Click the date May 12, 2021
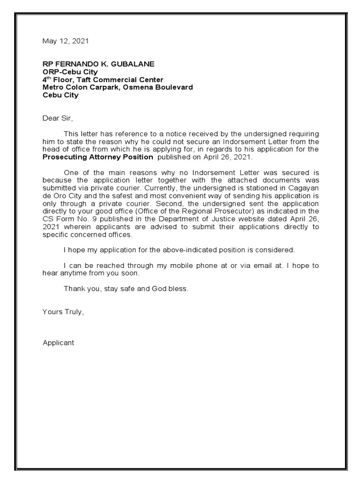click(65, 41)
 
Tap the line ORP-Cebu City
click(70, 72)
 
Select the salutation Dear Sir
click(58, 118)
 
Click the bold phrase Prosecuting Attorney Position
click(98, 157)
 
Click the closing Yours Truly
click(63, 312)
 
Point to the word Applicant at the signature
click(58, 343)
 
